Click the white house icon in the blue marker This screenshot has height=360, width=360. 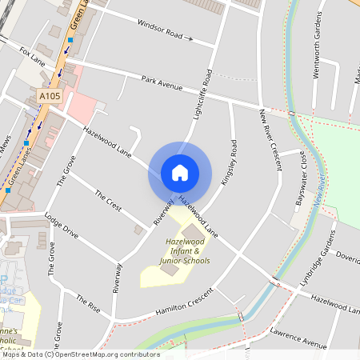180,172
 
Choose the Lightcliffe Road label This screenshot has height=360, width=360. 202,95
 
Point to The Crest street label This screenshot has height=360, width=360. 108,200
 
